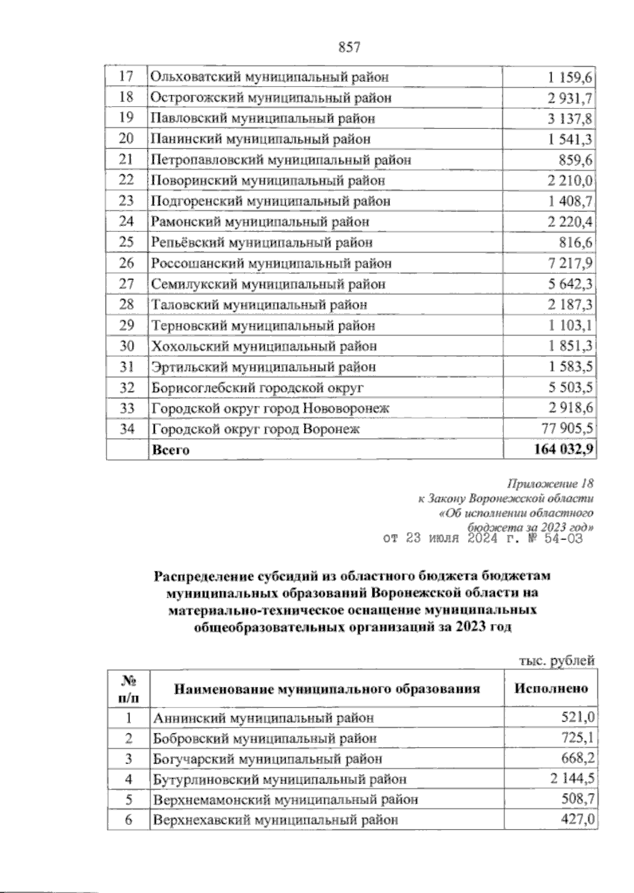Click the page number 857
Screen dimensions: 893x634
pyautogui.click(x=348, y=48)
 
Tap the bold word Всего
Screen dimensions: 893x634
pyautogui.click(x=170, y=450)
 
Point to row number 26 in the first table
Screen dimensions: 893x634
pyautogui.click(x=126, y=263)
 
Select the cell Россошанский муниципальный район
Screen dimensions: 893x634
pyautogui.click(x=272, y=263)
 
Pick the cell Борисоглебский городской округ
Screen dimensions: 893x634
pyautogui.click(x=258, y=388)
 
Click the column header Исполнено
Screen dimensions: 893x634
pyautogui.click(x=551, y=689)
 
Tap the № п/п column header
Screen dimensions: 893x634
pyautogui.click(x=127, y=689)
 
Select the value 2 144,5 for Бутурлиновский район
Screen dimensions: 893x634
pyautogui.click(x=571, y=779)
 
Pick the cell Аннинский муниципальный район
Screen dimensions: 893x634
pyautogui.click(x=263, y=718)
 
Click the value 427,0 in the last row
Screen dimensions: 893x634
pyautogui.click(x=578, y=820)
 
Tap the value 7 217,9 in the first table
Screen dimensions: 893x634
pyautogui.click(x=571, y=263)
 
